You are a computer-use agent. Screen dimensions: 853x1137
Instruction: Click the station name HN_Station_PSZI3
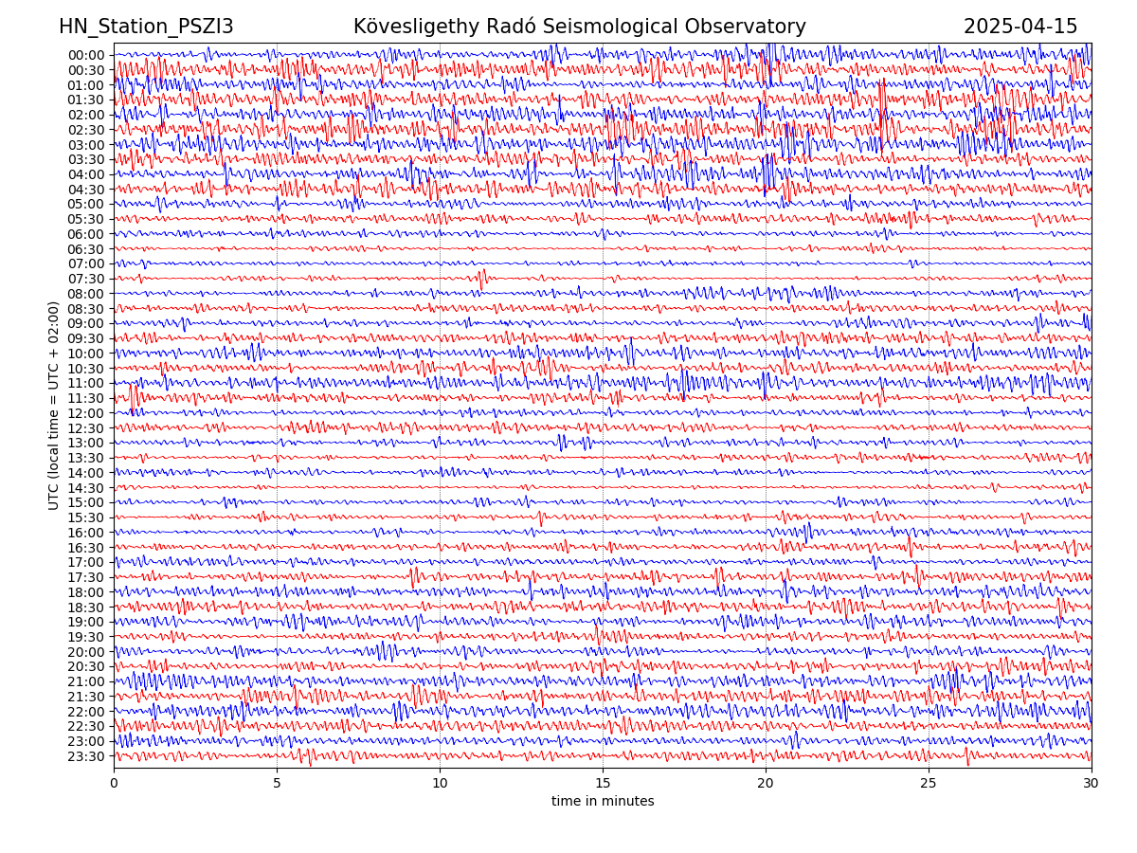(146, 27)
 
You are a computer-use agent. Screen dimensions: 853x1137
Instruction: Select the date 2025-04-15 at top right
(1020, 27)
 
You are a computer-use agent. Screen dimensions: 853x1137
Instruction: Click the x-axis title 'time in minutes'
(603, 802)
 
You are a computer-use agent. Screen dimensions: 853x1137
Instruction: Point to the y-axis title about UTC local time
(54, 406)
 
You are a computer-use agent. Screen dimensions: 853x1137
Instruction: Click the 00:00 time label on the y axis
(86, 55)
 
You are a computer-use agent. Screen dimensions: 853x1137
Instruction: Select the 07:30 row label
(86, 279)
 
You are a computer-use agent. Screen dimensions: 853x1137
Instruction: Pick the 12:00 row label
(86, 413)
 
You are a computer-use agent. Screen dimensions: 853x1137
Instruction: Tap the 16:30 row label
(86, 548)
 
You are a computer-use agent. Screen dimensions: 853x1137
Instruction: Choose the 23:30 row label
(86, 756)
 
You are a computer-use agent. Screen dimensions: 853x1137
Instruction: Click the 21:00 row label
(86, 681)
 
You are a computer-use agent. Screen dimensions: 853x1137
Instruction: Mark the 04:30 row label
(86, 190)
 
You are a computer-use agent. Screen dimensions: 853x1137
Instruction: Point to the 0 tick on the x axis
(114, 784)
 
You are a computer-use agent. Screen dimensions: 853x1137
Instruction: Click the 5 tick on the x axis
(277, 784)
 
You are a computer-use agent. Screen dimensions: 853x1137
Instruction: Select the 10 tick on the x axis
(440, 784)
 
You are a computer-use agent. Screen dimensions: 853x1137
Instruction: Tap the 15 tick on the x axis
(603, 784)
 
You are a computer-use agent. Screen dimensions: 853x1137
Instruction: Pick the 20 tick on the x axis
(766, 784)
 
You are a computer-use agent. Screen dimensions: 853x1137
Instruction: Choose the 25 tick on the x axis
(929, 784)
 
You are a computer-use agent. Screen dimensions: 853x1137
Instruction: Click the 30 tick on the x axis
(1092, 784)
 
